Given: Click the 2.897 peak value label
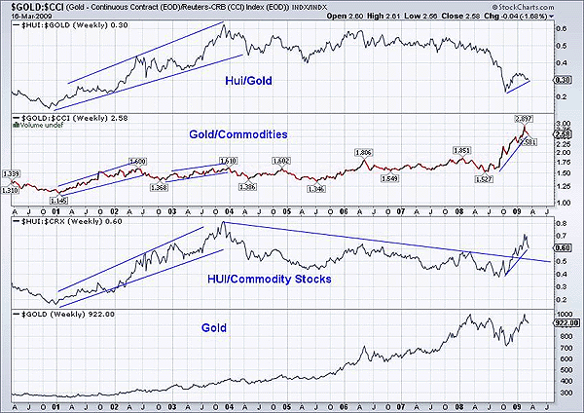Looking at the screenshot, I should [524, 116].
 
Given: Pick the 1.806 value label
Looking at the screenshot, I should [364, 153].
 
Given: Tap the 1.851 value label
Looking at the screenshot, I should [461, 150].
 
